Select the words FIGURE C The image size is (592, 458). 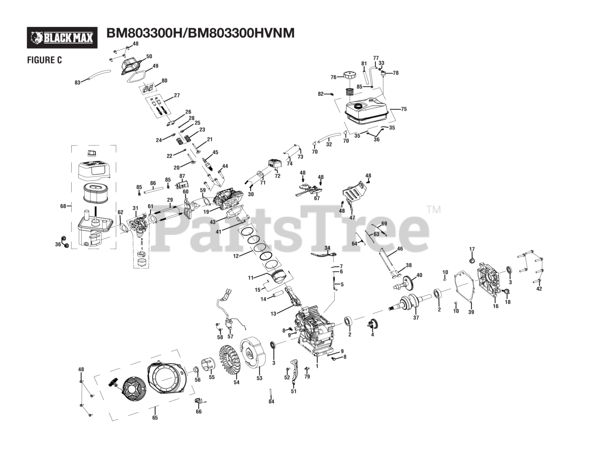click(x=44, y=60)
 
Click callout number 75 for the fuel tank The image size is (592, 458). click(x=403, y=109)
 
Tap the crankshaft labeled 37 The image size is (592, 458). click(x=407, y=304)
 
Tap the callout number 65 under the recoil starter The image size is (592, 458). click(x=155, y=418)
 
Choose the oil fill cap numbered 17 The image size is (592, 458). click(x=472, y=259)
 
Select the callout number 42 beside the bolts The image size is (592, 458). click(x=539, y=289)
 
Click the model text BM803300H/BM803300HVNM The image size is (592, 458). click(x=200, y=33)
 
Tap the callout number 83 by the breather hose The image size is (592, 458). click(x=77, y=82)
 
